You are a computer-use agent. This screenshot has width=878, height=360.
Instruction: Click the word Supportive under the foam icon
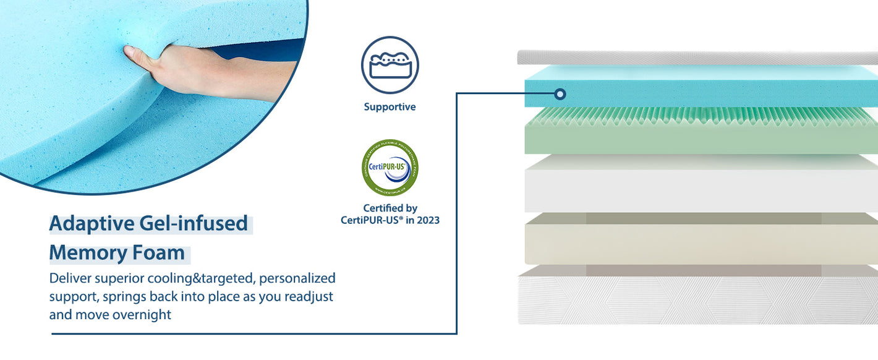click(x=390, y=107)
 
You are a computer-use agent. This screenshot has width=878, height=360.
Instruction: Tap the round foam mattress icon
click(x=390, y=65)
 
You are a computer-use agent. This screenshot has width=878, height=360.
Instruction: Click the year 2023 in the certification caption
click(x=427, y=220)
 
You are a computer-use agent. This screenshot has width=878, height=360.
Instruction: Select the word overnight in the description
click(x=142, y=314)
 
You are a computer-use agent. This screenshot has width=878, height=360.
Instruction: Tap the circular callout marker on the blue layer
click(x=560, y=94)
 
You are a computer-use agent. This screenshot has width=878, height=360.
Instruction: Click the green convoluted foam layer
click(x=699, y=133)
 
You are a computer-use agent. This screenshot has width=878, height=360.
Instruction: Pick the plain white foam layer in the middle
click(x=699, y=186)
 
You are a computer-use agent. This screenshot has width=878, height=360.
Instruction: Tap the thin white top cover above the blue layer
click(x=699, y=58)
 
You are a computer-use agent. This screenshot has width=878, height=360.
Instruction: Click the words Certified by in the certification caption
click(x=390, y=208)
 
